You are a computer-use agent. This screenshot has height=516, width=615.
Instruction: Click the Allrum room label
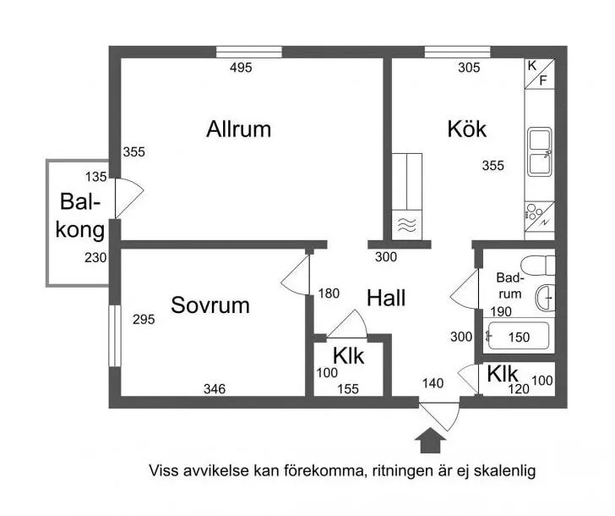238,129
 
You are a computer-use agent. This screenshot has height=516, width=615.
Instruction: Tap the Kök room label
466,129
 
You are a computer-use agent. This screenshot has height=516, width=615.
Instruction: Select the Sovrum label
210,305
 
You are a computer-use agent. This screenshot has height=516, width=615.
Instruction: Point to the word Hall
386,298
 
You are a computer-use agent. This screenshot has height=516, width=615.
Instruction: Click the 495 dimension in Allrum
241,69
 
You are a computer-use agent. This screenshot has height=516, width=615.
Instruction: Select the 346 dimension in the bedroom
215,389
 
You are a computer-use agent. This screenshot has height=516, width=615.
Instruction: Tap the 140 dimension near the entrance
433,383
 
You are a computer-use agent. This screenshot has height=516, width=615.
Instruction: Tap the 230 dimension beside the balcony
95,258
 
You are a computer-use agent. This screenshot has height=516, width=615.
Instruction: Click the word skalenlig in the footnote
504,469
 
